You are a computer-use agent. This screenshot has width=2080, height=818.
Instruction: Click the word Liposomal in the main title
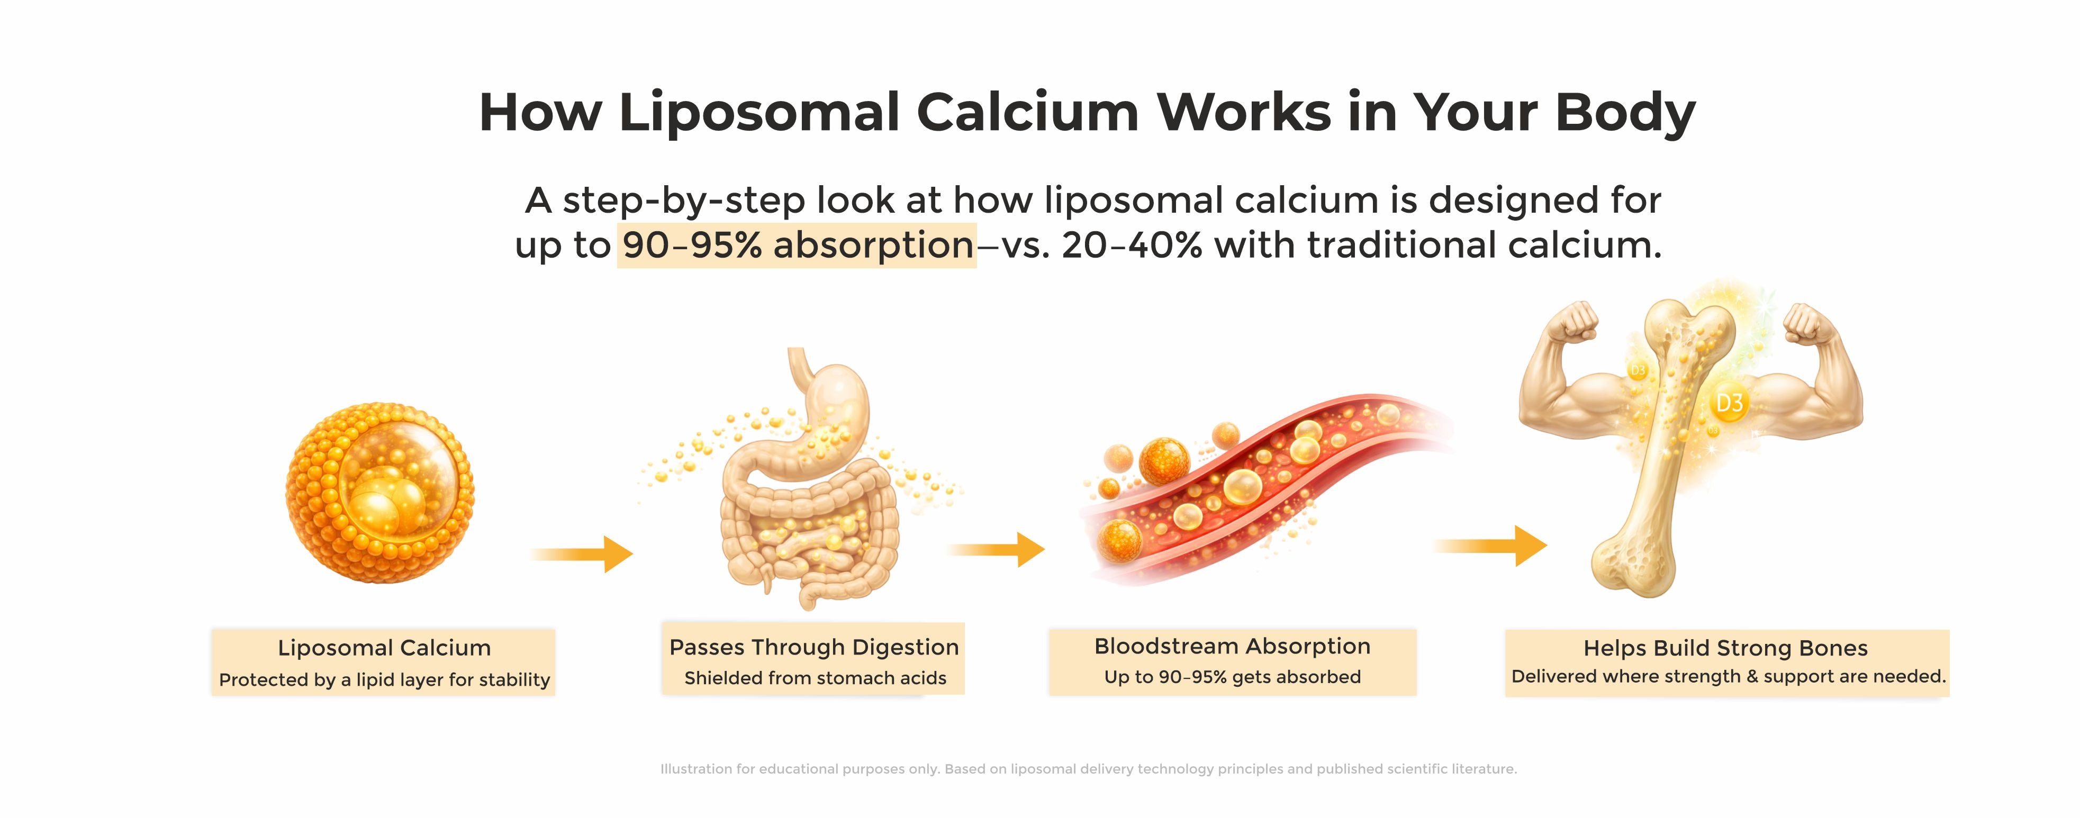point(758,113)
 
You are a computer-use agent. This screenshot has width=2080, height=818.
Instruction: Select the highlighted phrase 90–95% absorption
point(798,244)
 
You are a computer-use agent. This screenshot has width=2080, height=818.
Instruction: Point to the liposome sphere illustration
point(379,493)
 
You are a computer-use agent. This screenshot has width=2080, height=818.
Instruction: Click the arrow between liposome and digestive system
point(581,554)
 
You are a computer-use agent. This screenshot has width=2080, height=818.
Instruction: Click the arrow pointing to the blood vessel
point(997,549)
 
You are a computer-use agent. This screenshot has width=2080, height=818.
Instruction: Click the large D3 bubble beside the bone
point(1728,403)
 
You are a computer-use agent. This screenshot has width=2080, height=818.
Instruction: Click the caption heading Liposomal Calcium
point(384,648)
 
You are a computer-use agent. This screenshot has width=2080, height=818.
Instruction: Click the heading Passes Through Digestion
point(814,647)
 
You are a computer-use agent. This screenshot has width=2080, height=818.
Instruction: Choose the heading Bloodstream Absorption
point(1232,646)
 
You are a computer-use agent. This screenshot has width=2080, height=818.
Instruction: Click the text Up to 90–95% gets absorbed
point(1232,677)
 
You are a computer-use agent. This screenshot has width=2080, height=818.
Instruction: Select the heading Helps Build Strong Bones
point(1725,648)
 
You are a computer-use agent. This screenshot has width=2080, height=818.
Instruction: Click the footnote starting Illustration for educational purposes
point(1089,769)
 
